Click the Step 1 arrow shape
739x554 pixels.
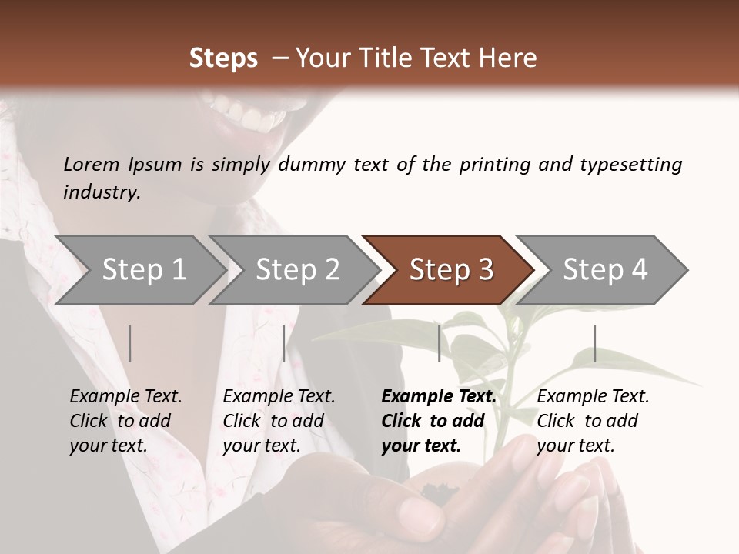pyautogui.click(x=139, y=270)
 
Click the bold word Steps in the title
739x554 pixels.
pyautogui.click(x=223, y=58)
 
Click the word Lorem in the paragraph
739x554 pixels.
pyautogui.click(x=91, y=164)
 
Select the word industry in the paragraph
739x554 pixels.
pyautogui.click(x=101, y=192)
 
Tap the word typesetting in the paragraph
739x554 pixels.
pyautogui.click(x=630, y=165)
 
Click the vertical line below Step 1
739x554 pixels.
pyautogui.click(x=130, y=343)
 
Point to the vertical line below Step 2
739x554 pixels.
pyautogui.click(x=284, y=343)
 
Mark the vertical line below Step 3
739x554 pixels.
pyautogui.click(x=439, y=343)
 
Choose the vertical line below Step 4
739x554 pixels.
pyautogui.click(x=594, y=343)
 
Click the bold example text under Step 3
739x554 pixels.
pyautogui.click(x=438, y=420)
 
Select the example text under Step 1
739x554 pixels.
pyautogui.click(x=125, y=420)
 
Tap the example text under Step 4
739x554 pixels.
pyautogui.click(x=592, y=420)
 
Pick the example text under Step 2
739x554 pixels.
pyautogui.click(x=279, y=420)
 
